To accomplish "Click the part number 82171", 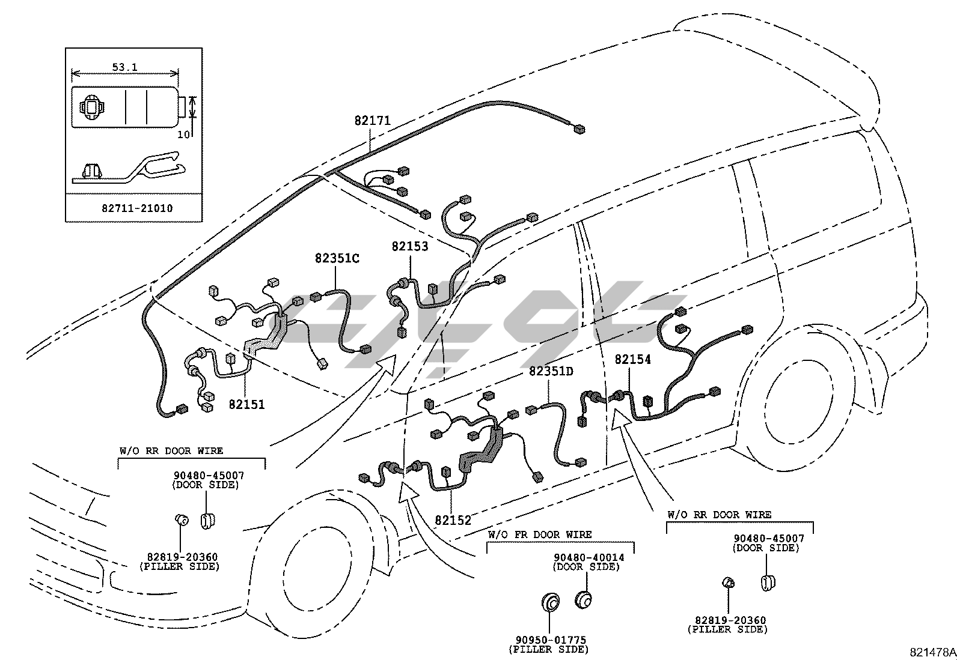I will (x=372, y=121).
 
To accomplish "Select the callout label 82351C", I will (x=337, y=258).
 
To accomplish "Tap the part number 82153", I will (x=410, y=246).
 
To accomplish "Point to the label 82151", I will (x=246, y=404).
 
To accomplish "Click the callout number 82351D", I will (x=551, y=372).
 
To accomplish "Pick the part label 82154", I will (x=632, y=360).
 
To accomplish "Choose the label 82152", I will (x=453, y=520).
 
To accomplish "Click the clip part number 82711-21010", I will (x=137, y=208).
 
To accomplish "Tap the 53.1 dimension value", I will (x=124, y=67).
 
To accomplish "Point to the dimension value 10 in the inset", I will (x=183, y=135).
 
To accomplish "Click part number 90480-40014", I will (x=589, y=557).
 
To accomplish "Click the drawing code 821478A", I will (x=932, y=652).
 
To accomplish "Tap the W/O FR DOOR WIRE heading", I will (x=539, y=534).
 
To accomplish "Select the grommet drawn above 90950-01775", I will (x=549, y=602).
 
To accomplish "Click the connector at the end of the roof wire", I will (x=578, y=129).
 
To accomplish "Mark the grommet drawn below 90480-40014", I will (x=583, y=599).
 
